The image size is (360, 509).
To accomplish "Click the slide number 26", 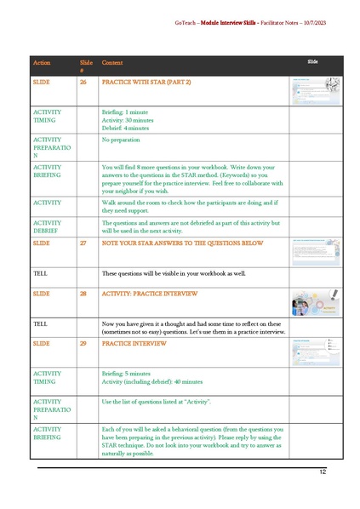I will pyautogui.click(x=83, y=82).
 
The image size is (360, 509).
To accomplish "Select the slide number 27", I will pyautogui.click(x=83, y=243).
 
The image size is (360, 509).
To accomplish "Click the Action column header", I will pyautogui.click(x=42, y=63).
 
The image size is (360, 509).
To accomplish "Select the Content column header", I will pyautogui.click(x=112, y=63).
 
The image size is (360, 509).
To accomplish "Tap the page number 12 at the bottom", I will pyautogui.click(x=323, y=472).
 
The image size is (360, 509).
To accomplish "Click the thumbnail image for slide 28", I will pyautogui.click(x=316, y=304).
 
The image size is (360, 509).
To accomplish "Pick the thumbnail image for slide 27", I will pyautogui.click(x=316, y=252).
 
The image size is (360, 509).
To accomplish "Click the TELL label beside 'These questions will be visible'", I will pyautogui.click(x=40, y=272).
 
